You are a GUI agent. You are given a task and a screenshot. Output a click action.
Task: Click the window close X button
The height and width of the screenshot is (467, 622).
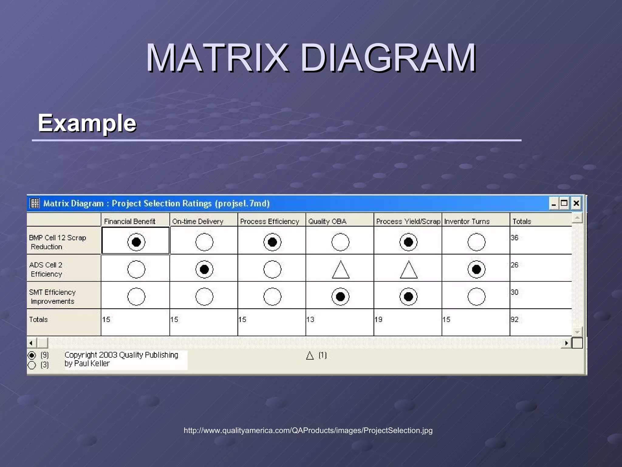tap(576, 203)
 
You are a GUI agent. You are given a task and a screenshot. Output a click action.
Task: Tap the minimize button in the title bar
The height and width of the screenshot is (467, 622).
tap(554, 203)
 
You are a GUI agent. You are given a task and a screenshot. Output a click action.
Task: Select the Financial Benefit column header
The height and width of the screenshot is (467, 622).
tap(130, 221)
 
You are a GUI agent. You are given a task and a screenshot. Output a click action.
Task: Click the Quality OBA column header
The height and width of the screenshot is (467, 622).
tap(327, 221)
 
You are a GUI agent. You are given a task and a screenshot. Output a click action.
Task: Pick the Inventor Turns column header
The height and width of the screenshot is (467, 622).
tap(467, 221)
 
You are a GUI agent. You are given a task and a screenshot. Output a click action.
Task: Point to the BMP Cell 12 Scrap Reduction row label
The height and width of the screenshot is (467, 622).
tap(57, 242)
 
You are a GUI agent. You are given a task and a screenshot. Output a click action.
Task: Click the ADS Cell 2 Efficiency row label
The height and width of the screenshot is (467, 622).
tap(46, 269)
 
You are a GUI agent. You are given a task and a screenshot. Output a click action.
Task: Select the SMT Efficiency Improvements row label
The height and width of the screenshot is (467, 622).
tap(52, 296)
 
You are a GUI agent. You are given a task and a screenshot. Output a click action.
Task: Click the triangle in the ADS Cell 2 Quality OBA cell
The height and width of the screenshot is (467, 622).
tap(340, 270)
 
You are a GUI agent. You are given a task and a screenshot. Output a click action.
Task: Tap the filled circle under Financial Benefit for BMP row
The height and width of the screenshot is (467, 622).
tap(136, 242)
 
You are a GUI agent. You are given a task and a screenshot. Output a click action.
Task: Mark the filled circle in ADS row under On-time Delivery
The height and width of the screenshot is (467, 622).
tap(204, 269)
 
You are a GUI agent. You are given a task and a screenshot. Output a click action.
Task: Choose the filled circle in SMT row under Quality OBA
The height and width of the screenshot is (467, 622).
tap(340, 296)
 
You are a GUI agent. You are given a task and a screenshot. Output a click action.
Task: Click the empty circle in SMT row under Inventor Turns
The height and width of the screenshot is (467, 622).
tap(477, 296)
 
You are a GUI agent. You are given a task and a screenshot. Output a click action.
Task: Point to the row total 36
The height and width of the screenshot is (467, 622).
tap(514, 238)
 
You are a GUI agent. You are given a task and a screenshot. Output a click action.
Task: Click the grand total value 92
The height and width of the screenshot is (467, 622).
tap(514, 320)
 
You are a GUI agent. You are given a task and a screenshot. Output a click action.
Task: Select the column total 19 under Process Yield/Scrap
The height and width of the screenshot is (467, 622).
tap(378, 320)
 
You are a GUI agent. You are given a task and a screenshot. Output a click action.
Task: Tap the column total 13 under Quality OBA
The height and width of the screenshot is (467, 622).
tap(310, 320)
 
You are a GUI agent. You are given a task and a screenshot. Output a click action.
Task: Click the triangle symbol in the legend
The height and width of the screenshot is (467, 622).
tap(310, 356)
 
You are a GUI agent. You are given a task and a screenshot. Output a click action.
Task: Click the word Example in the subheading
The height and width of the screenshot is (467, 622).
tap(87, 123)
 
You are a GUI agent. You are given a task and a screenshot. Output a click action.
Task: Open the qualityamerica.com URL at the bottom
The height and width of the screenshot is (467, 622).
tap(308, 430)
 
